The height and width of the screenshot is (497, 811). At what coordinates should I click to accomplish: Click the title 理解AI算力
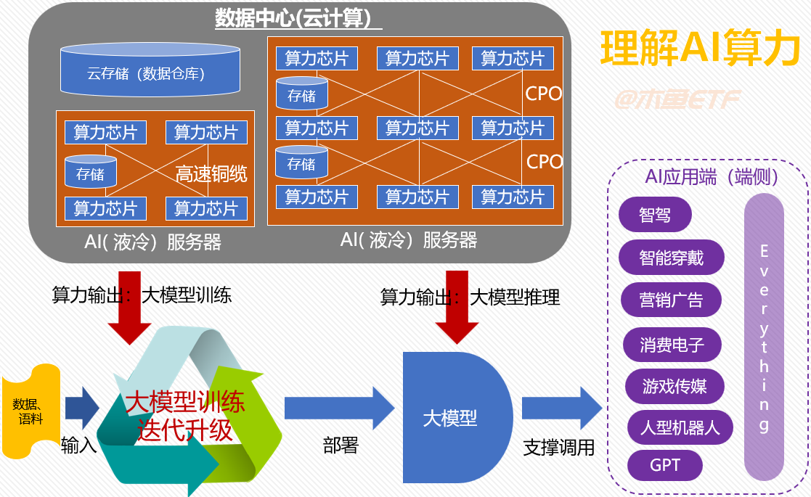click(701, 48)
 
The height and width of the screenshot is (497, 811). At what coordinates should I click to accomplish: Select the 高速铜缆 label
click(211, 174)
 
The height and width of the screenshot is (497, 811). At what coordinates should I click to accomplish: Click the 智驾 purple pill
click(655, 215)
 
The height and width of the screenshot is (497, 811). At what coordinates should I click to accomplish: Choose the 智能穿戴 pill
click(672, 257)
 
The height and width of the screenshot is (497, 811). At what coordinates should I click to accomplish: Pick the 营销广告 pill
click(672, 300)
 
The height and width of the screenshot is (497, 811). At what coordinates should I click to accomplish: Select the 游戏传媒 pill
click(675, 385)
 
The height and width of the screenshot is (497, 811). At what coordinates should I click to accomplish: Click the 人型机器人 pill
click(680, 427)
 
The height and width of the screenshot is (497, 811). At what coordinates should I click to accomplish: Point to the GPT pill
click(665, 464)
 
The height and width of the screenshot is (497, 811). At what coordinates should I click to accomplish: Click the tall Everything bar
click(764, 337)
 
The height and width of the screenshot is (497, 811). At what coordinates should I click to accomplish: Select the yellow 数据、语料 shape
click(30, 411)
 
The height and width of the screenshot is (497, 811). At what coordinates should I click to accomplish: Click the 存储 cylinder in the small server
click(90, 173)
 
